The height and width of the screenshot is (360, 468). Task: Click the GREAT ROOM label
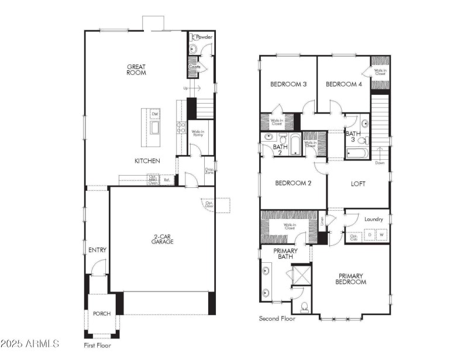(136, 70)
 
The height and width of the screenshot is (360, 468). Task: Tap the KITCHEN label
(147, 160)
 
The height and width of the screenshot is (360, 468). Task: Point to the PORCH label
(102, 314)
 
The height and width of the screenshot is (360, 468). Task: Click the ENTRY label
(97, 250)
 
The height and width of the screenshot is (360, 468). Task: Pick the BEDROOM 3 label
(288, 84)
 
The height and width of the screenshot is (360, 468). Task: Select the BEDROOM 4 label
(343, 84)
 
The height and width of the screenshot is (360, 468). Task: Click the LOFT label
(358, 183)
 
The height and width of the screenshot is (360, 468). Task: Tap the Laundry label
(373, 220)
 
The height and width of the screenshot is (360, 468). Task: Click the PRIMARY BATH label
(286, 253)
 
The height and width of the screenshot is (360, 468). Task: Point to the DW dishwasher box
(155, 114)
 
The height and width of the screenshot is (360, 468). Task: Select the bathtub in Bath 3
(357, 154)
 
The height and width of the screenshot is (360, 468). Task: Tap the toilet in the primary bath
(304, 307)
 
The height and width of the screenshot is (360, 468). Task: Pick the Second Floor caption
(277, 319)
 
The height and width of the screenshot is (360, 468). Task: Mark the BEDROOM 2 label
(293, 183)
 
